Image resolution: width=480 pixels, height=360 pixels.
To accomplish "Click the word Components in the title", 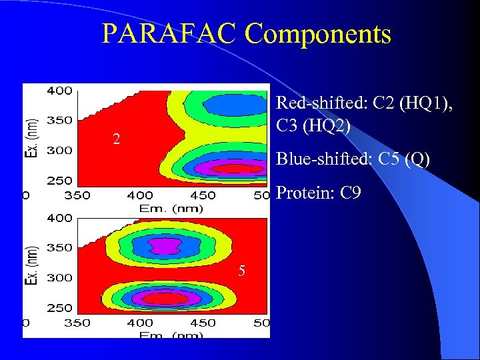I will point(318,35).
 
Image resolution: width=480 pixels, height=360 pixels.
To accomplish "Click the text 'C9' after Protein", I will point(351,194).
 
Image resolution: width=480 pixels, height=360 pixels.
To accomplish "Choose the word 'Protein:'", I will point(304,194).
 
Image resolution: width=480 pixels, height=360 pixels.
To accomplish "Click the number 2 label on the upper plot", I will point(116,139).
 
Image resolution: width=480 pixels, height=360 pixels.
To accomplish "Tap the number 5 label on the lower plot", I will point(244,270).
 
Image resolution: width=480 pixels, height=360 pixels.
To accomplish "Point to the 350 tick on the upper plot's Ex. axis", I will point(59,121).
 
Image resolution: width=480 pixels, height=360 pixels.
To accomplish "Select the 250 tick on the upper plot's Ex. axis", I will point(59,181).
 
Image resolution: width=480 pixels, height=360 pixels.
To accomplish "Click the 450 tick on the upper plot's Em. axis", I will point(203,195).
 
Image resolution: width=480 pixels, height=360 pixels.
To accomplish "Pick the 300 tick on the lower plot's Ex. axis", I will point(59,277).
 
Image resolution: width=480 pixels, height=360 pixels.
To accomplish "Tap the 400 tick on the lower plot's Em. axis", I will point(139,323).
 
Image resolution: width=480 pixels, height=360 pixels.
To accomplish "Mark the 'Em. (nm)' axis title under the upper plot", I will point(171,207).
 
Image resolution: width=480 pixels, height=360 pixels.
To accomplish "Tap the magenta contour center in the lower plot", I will point(164,246).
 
